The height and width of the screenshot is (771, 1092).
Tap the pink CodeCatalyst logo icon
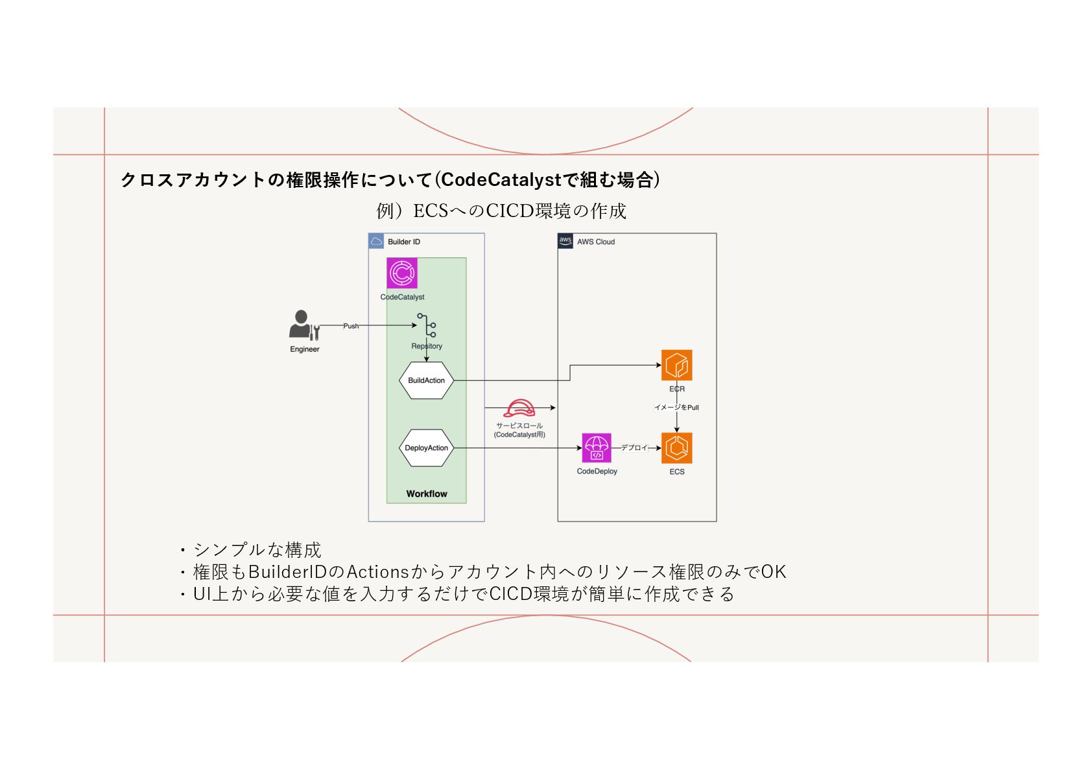tap(402, 273)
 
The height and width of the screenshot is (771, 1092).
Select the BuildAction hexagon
tap(426, 380)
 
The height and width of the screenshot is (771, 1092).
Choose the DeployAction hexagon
tap(426, 448)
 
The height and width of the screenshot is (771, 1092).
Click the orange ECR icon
tap(676, 365)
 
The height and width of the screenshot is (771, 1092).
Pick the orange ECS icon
tap(676, 448)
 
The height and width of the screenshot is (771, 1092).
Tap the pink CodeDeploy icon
tap(597, 448)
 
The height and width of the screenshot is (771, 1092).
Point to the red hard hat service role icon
tap(519, 409)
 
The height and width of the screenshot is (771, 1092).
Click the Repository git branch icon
tap(427, 325)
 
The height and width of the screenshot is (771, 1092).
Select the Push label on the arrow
tap(351, 326)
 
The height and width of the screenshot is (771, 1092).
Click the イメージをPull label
tap(676, 408)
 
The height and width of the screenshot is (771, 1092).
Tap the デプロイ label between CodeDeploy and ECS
tap(634, 448)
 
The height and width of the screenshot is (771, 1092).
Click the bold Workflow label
tap(427, 494)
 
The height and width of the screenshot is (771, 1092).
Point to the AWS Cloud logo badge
tap(565, 241)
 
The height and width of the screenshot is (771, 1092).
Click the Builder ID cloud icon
tap(376, 242)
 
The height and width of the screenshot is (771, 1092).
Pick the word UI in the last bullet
tap(202, 594)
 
